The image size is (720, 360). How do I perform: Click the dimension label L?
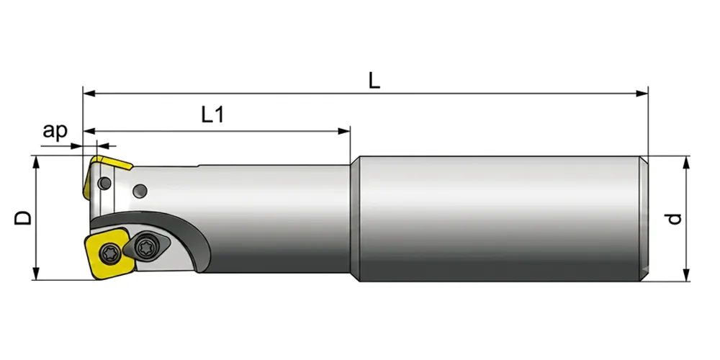374,81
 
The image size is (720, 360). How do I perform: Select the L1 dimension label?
213,114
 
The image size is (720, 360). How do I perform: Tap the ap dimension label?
55,131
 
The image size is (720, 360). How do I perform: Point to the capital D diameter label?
23,217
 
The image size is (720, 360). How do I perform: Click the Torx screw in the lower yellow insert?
109,252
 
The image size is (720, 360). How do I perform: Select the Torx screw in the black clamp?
147,243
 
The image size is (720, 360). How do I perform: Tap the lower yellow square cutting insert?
110,254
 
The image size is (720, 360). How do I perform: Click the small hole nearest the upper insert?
106,184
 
